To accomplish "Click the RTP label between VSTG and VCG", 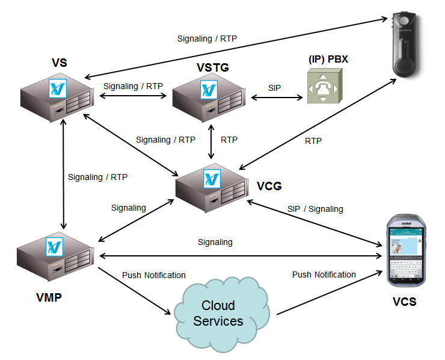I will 229,140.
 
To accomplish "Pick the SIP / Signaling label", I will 315,209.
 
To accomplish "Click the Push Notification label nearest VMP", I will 153,275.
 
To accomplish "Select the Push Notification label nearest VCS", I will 324,275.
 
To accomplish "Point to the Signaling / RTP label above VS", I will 207,39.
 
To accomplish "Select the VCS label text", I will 404,302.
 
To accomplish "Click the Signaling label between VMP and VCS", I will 215,242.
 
